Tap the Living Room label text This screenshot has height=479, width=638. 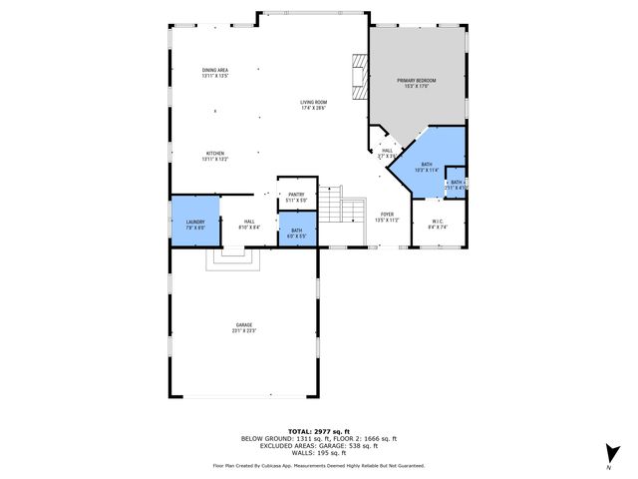[314, 102]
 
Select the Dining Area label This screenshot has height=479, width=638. [215, 70]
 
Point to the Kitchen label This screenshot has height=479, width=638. [215, 153]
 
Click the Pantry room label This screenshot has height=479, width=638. [296, 195]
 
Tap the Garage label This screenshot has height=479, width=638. [243, 325]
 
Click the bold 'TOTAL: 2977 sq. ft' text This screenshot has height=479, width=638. [318, 431]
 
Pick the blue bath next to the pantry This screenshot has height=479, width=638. [296, 233]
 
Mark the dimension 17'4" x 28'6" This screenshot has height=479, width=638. [314, 107]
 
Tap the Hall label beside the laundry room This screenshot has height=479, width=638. [249, 222]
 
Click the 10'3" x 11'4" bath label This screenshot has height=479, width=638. [426, 171]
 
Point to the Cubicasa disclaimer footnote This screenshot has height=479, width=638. [318, 465]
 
